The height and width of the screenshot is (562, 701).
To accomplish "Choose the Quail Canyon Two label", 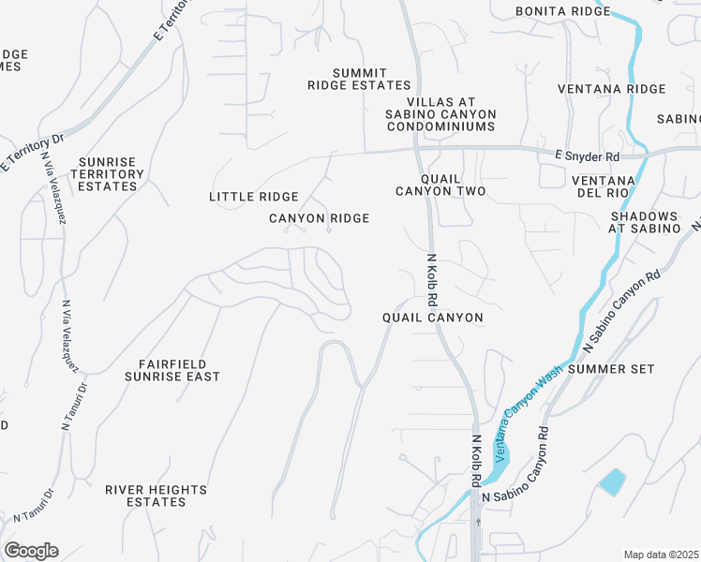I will point(440,185).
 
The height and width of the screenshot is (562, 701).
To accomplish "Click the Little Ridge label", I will point(253,197).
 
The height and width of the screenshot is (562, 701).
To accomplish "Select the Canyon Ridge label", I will point(319,218).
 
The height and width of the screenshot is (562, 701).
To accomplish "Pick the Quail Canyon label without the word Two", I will point(433,318).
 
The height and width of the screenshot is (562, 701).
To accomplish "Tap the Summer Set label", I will point(611,369).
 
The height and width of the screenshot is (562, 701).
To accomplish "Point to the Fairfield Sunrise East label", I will point(172,369).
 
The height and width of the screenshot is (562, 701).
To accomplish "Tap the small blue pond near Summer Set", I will point(612,481).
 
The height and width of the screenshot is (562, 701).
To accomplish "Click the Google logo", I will point(31,551).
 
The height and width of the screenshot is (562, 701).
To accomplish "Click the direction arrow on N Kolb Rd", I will point(478,521).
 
